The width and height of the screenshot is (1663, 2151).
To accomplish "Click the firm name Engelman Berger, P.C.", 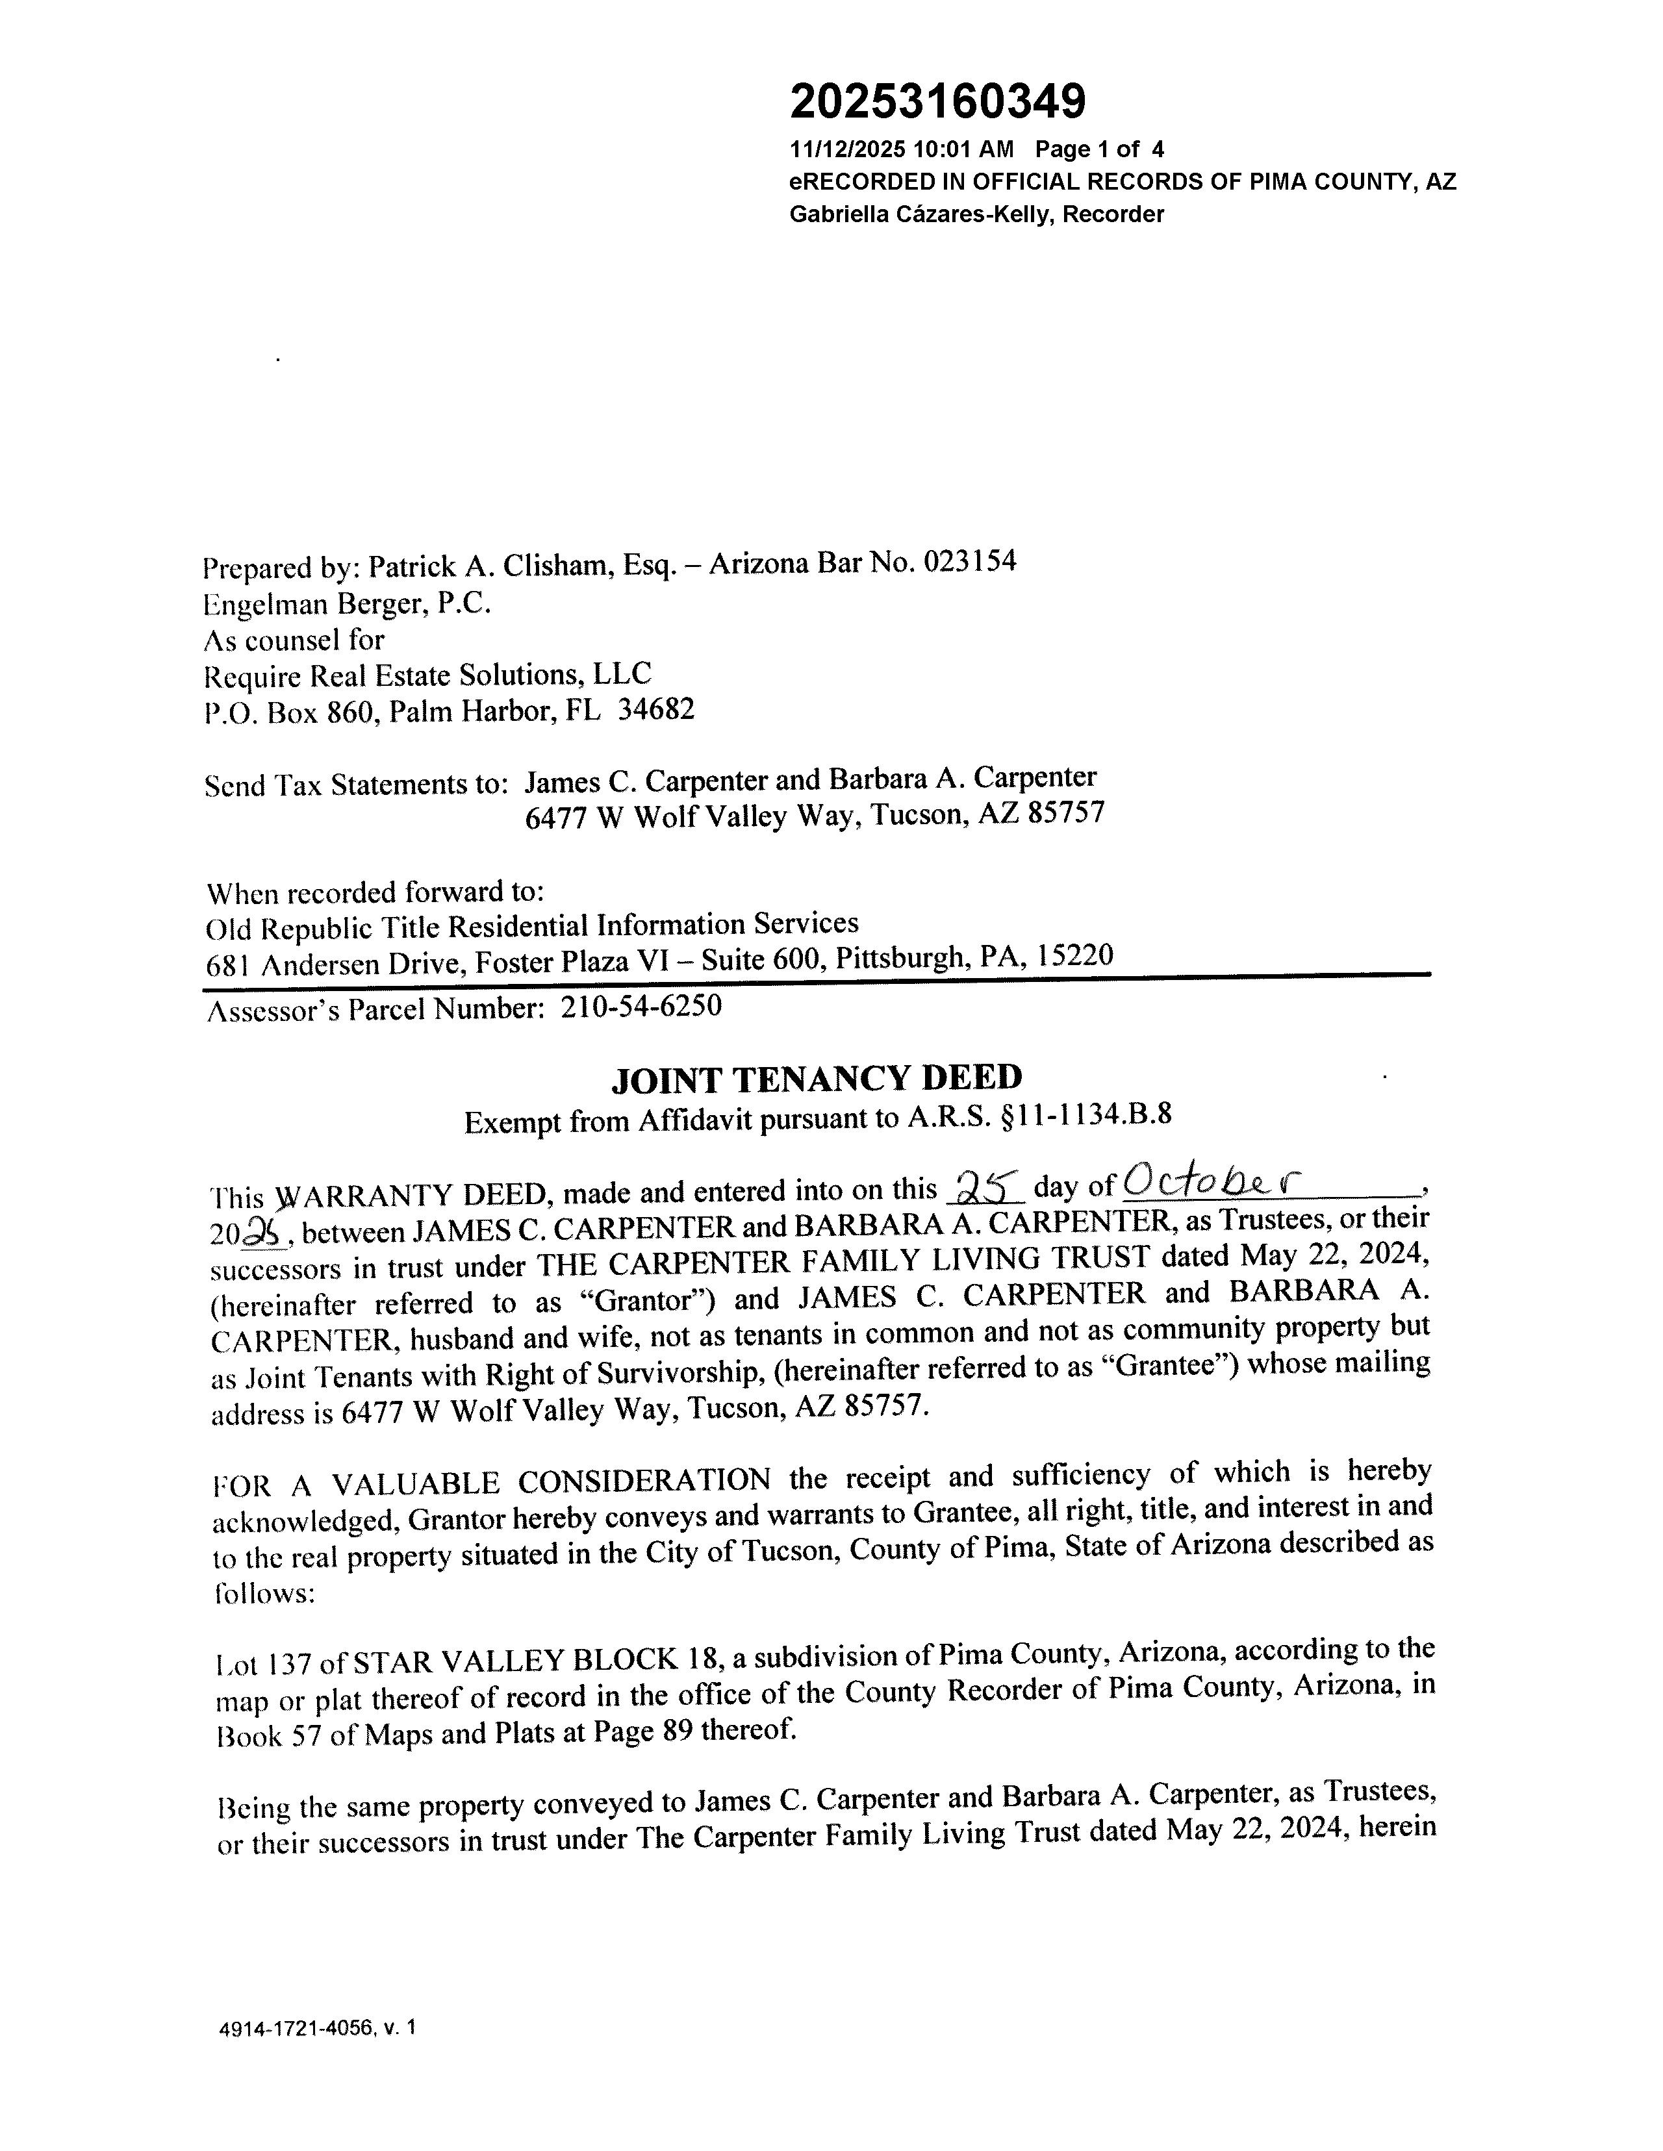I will click(347, 603).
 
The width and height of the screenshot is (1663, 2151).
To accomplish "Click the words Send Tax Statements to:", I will click(355, 785).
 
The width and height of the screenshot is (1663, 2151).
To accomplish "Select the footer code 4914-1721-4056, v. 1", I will click(317, 2028).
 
